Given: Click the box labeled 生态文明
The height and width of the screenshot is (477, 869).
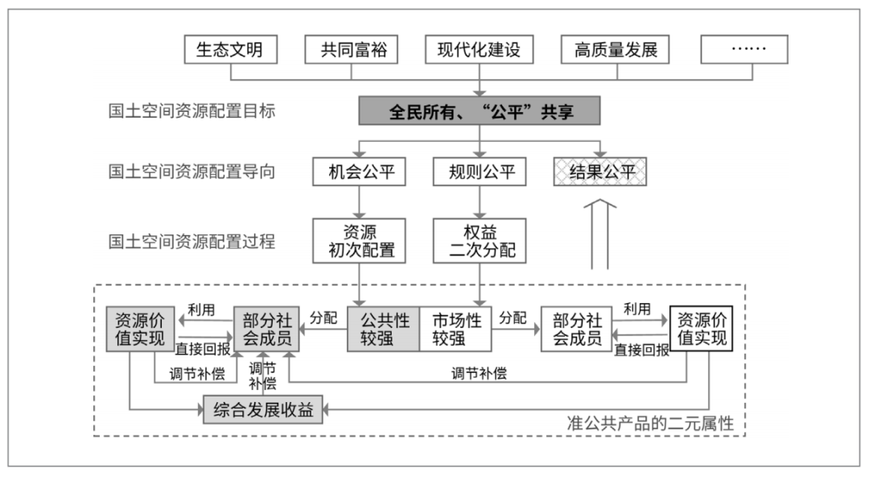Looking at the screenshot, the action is coord(231,50).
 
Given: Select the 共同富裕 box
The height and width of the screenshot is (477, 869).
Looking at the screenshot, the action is coord(352,50).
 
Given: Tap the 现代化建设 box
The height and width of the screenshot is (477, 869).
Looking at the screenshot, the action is coord(480,50).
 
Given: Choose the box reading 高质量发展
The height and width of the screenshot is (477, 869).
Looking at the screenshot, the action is coord(616,50).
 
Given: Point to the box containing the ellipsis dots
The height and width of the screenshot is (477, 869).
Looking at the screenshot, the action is coord(744,50).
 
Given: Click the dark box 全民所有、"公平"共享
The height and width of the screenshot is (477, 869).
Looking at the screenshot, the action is coord(480,111).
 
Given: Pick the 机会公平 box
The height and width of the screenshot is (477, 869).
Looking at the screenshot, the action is coord(359,172).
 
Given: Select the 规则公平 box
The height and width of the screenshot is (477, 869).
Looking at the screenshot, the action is coord(480,172).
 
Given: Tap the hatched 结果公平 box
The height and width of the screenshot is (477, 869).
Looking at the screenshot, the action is coord(600,172).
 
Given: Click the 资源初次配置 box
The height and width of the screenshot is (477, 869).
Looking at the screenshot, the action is coord(359,240).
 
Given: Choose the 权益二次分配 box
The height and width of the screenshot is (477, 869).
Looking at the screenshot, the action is coord(480,240).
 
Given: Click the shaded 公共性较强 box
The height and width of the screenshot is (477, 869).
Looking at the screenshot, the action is coord(384,330).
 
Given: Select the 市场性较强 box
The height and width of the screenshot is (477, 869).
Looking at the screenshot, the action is coord(455,330).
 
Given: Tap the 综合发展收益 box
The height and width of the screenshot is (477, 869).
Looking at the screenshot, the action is coord(263,410).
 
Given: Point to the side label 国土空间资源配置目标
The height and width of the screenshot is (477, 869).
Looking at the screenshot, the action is coord(192,111).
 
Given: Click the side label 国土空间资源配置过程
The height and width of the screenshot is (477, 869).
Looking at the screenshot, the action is coord(192,242).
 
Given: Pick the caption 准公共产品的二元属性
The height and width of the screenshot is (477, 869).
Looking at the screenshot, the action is coord(650,424).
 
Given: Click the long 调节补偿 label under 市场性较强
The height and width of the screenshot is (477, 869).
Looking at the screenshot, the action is coord(479,373).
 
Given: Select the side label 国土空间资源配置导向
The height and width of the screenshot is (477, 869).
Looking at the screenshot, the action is coord(192,172).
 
